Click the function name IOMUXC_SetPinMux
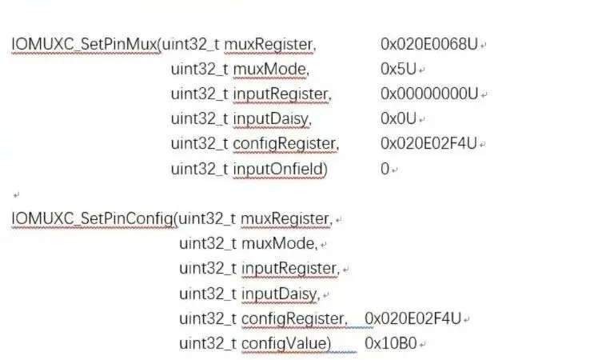click(85, 44)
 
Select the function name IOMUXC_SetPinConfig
click(93, 218)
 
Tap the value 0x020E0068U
click(429, 44)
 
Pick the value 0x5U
click(398, 69)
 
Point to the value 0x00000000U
click(429, 94)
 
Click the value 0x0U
click(398, 119)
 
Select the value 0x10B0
click(391, 343)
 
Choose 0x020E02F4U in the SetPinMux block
click(429, 144)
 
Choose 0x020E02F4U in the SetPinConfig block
click(413, 318)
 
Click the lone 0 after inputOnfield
click(385, 169)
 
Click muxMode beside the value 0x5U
click(270, 69)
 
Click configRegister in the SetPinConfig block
click(293, 318)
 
